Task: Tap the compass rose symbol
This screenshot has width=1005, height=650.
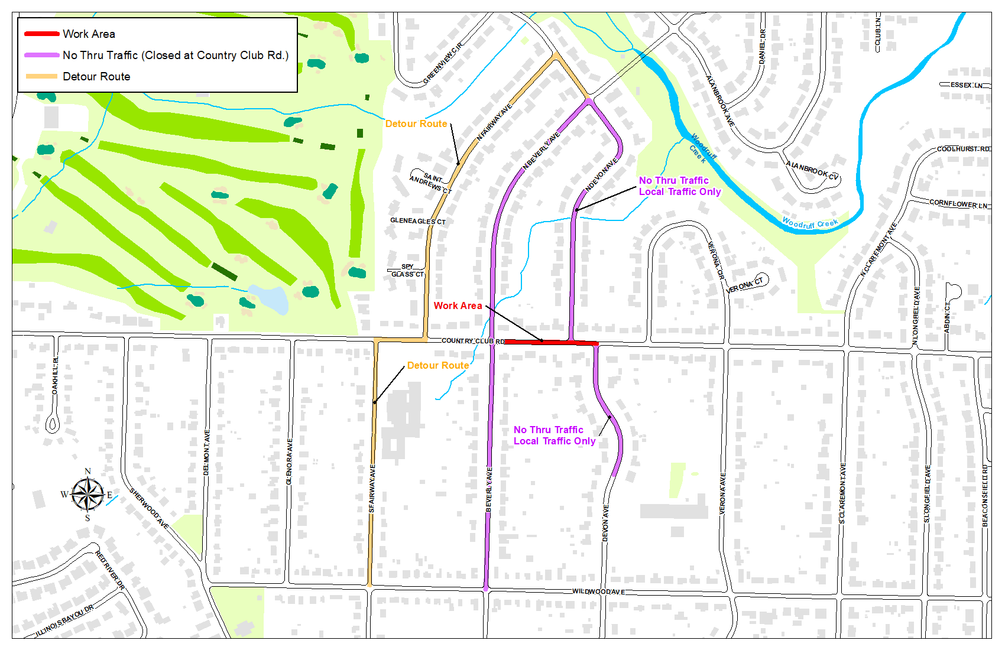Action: (x=87, y=494)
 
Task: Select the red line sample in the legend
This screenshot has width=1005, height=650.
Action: (x=41, y=34)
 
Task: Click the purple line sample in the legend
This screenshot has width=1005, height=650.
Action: (x=41, y=56)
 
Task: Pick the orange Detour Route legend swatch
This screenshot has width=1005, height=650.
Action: (x=41, y=76)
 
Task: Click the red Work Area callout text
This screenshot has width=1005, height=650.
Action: (x=458, y=305)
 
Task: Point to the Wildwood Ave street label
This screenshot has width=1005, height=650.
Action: (x=598, y=591)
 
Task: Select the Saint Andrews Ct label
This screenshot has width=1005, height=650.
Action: (x=431, y=183)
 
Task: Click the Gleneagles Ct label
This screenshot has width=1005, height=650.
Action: (x=417, y=221)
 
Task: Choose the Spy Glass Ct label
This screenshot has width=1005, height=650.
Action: (x=407, y=271)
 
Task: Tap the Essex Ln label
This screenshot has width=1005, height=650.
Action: (x=966, y=85)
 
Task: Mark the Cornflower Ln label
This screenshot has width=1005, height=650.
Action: (x=958, y=203)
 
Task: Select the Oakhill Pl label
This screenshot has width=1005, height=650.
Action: (x=55, y=376)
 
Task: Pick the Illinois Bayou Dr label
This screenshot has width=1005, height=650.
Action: (x=65, y=620)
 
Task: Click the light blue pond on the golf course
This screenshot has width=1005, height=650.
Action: (x=270, y=298)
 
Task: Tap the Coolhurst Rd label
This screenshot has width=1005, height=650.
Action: (x=963, y=149)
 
